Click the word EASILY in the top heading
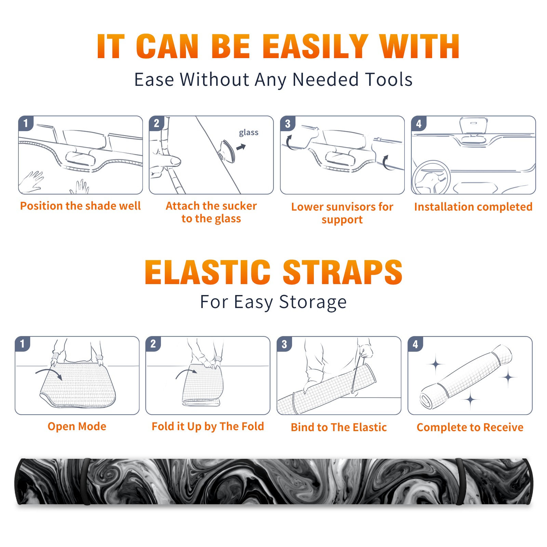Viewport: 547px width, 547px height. (315, 46)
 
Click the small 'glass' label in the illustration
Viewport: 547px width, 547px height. (249, 132)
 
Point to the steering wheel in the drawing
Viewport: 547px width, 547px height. (431, 178)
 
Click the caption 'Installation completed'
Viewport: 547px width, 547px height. (473, 206)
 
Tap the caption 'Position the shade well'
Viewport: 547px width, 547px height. (80, 206)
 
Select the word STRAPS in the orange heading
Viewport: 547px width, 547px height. (343, 272)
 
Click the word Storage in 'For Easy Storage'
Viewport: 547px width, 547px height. (313, 302)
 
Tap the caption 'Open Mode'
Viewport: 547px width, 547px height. (77, 426)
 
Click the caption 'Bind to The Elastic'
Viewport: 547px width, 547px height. (339, 427)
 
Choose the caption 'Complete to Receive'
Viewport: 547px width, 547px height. (470, 427)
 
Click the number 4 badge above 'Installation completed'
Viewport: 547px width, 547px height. (419, 123)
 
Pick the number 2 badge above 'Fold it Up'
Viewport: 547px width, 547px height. (153, 344)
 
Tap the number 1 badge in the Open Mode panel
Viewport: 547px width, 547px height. (23, 344)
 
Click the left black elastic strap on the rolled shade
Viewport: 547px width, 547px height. (87, 482)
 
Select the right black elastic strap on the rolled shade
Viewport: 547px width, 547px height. (460, 482)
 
